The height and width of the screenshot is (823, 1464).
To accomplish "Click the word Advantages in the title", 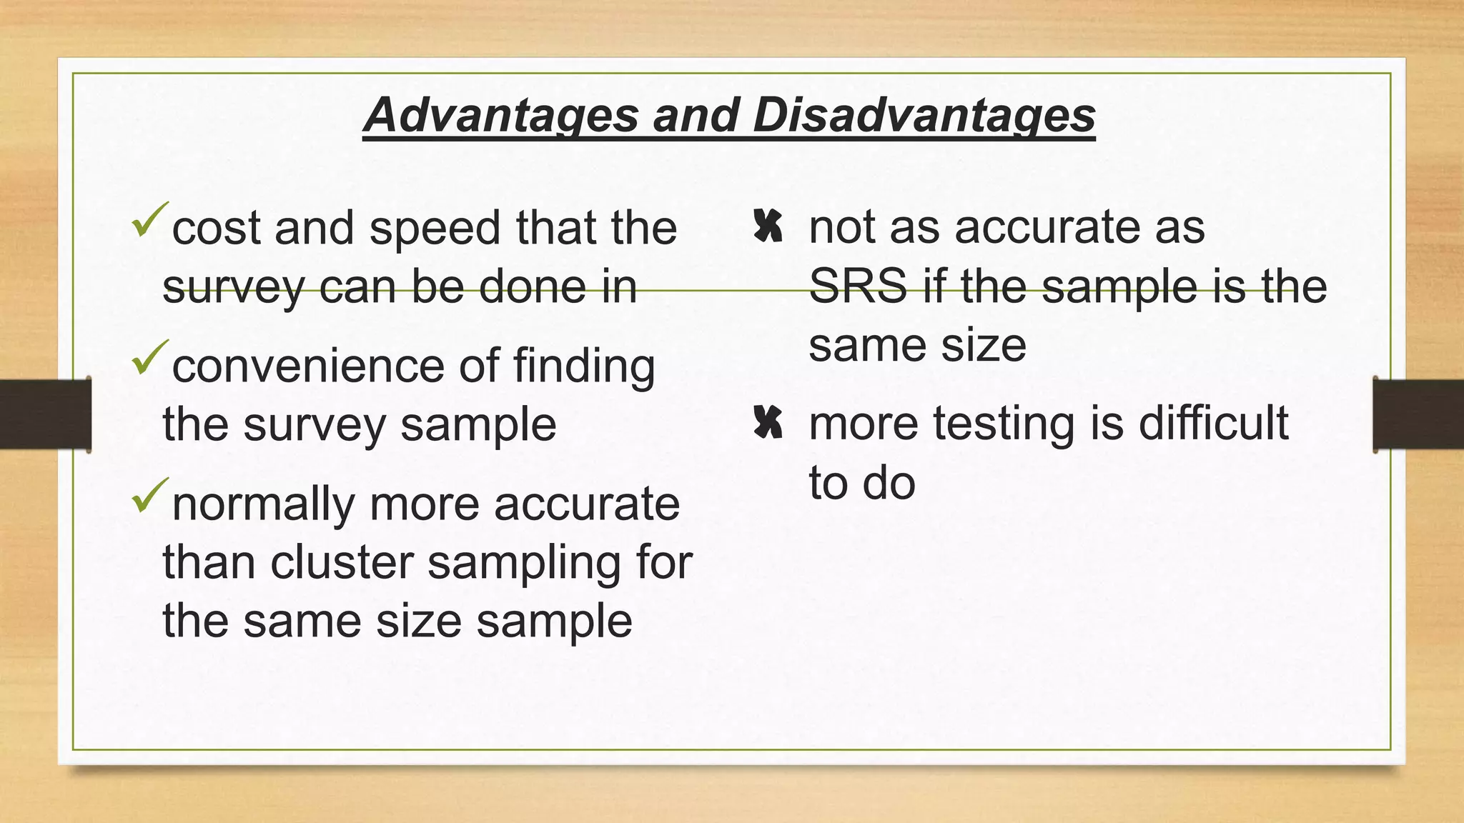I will [500, 116].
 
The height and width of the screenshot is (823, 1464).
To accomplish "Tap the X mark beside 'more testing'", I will [768, 423].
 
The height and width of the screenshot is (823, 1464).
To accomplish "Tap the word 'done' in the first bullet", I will [533, 286].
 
